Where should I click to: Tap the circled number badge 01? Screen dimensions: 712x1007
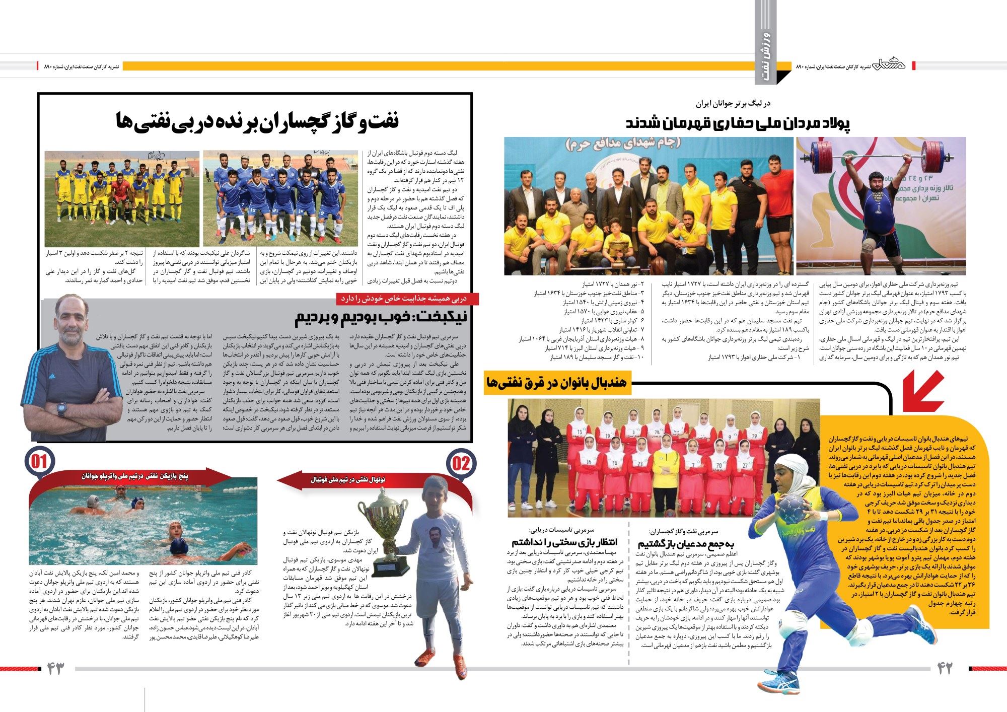pyautogui.click(x=41, y=461)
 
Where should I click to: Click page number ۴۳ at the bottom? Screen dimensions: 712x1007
pyautogui.click(x=56, y=669)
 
